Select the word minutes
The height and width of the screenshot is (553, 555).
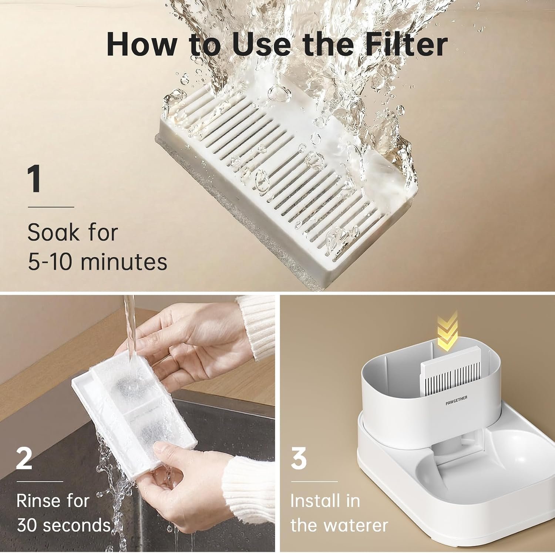[x=124, y=262]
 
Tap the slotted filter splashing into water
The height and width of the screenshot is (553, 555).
[x=287, y=181]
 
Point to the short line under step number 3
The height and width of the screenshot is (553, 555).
[x=314, y=482]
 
